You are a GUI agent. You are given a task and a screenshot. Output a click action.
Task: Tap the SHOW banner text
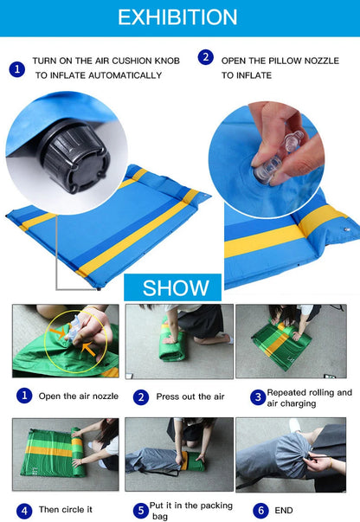point(176,287)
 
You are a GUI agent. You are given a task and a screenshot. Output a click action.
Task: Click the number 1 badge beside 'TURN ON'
point(17,68)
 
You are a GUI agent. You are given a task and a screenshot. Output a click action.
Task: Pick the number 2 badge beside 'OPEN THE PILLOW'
point(205,58)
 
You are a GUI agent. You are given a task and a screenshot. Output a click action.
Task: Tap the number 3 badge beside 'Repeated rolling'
point(257,396)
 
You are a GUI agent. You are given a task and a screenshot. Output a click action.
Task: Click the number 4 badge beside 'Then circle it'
point(24,510)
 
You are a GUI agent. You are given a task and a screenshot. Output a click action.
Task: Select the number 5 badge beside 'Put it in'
point(140,510)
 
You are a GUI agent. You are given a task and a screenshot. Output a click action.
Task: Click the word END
point(284,510)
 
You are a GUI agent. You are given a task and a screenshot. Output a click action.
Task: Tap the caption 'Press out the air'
point(190,396)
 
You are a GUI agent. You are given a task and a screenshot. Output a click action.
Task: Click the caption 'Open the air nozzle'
point(78,396)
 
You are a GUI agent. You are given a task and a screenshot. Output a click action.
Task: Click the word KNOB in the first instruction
point(164,61)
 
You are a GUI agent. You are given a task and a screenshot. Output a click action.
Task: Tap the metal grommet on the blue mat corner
point(345,229)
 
